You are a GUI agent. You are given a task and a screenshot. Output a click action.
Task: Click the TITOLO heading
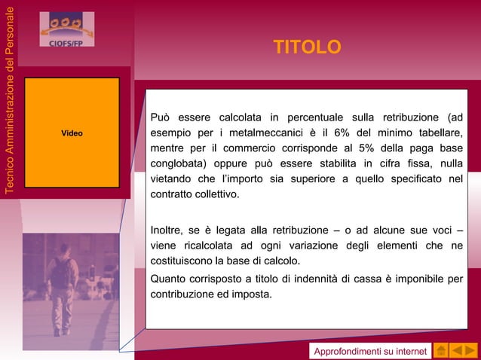[307, 48]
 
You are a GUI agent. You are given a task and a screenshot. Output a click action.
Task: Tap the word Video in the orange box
[72, 133]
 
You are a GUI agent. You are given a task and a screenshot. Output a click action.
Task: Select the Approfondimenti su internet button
[370, 352]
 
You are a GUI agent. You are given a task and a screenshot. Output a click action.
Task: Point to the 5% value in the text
[367, 148]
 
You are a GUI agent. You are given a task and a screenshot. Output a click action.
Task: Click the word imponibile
[419, 280]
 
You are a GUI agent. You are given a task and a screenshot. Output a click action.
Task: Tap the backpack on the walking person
[60, 272]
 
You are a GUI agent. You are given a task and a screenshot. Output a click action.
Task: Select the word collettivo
[217, 194]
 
